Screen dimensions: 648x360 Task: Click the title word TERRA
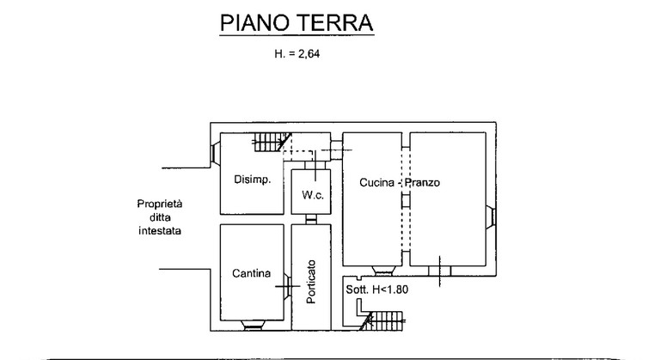[333, 23]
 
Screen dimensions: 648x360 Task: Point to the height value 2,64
[309, 54]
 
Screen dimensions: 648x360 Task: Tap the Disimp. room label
[253, 180]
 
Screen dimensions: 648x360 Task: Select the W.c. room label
[313, 195]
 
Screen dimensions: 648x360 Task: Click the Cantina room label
[251, 273]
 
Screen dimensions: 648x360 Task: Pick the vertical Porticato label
[311, 282]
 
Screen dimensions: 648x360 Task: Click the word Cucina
[376, 183]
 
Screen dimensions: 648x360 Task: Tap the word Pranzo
[422, 183]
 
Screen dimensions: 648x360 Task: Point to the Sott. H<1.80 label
[377, 290]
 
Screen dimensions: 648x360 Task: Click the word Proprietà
[160, 204]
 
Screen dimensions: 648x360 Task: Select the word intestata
[160, 230]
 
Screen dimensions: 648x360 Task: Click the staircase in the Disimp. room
[272, 142]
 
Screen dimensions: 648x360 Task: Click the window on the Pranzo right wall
[491, 217]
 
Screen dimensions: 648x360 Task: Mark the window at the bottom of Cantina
[253, 326]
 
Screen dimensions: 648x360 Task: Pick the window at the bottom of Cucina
[383, 271]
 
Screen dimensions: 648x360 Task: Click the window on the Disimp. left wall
[216, 153]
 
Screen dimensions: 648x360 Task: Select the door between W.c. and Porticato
[311, 219]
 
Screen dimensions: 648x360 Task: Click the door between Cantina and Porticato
[288, 285]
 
